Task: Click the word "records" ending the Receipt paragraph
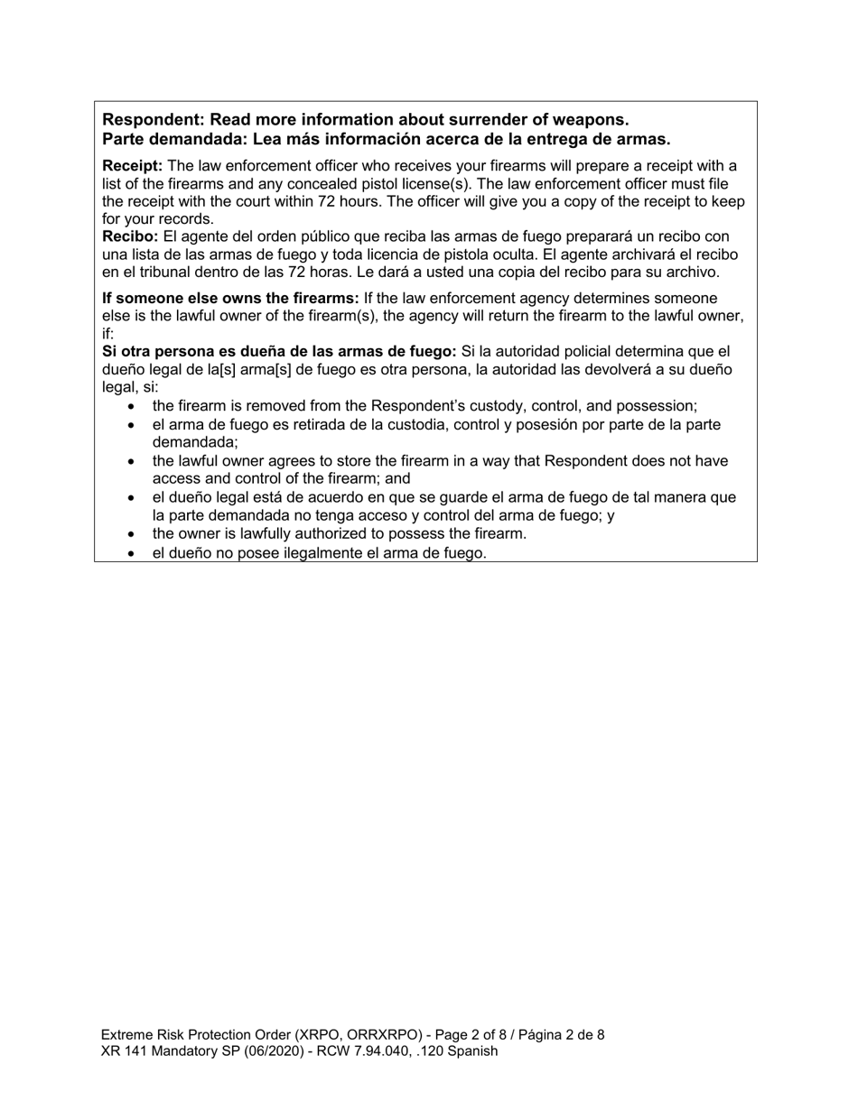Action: click(186, 219)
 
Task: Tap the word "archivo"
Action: click(690, 272)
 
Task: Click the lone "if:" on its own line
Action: click(108, 333)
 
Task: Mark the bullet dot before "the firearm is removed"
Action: click(133, 407)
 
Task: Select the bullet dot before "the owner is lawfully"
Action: click(133, 534)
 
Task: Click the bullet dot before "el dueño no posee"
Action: click(133, 553)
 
